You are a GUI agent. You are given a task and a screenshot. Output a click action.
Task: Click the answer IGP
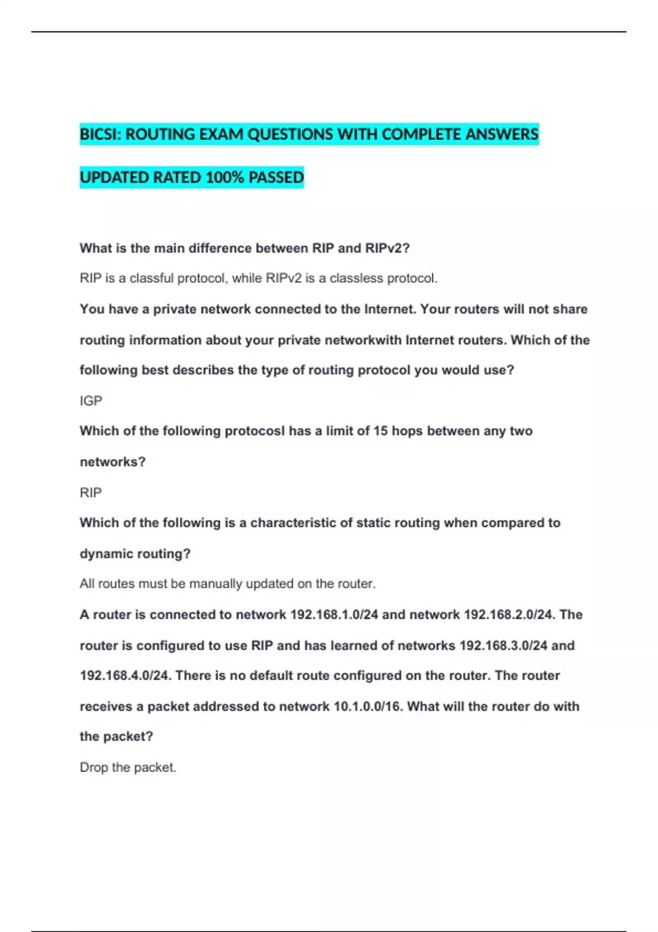pyautogui.click(x=91, y=401)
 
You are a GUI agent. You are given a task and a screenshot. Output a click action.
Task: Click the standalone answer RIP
pyautogui.click(x=91, y=492)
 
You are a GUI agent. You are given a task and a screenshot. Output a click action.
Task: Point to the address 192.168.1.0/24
pyautogui.click(x=334, y=615)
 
